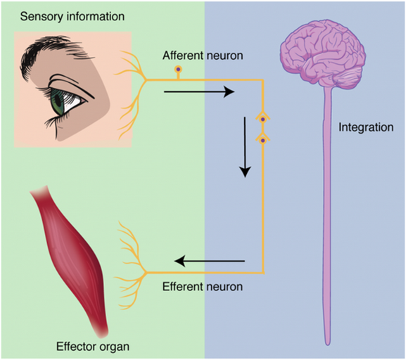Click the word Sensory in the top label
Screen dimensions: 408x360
point(42,17)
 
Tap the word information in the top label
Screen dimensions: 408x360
point(96,16)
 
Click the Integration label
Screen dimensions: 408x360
point(366,128)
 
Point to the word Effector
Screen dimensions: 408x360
point(73,347)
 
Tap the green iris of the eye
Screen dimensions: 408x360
point(58,102)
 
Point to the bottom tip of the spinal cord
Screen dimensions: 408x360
point(328,345)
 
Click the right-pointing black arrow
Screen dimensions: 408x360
point(199,92)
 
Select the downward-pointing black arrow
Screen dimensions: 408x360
point(245,147)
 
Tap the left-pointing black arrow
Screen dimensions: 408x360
point(210,261)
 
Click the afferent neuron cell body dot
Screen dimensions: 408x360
point(178,70)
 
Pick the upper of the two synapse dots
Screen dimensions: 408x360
point(263,120)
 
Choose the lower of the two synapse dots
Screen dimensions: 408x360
point(263,141)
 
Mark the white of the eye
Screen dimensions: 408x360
point(72,103)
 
